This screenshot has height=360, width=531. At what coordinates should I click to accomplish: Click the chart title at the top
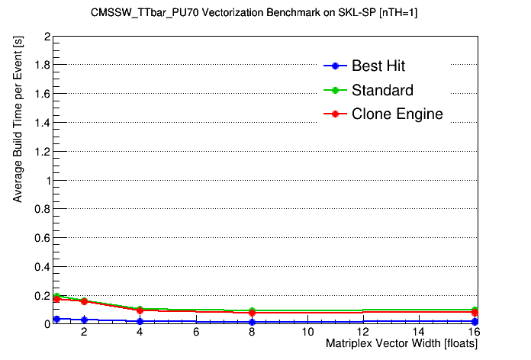click(x=265, y=14)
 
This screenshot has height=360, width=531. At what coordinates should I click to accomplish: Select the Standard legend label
click(x=382, y=90)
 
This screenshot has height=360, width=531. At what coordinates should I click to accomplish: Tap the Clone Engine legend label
click(x=397, y=114)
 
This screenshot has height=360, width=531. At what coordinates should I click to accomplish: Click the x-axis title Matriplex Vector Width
click(x=401, y=344)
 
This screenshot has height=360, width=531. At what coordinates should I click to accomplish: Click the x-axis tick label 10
click(x=307, y=333)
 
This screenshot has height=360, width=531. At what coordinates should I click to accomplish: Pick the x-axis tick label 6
click(x=197, y=333)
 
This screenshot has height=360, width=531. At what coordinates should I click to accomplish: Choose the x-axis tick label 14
click(x=419, y=333)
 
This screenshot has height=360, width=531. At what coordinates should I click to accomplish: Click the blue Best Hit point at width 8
click(x=252, y=322)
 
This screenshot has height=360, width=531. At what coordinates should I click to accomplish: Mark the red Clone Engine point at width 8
click(x=252, y=313)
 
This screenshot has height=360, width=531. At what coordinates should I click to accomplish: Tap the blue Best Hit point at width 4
click(x=140, y=321)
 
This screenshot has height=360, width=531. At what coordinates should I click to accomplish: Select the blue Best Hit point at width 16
click(x=475, y=322)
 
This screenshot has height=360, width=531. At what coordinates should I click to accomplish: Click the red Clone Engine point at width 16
click(x=475, y=313)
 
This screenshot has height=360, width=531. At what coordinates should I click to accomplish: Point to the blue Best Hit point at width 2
click(x=85, y=320)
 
